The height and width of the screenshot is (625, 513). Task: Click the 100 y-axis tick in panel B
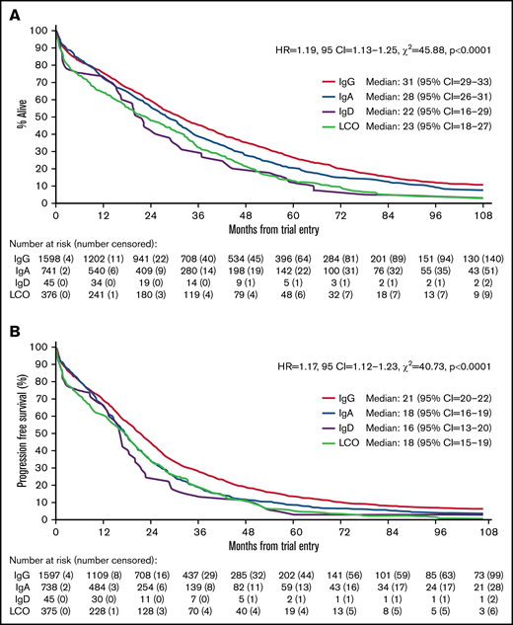40,346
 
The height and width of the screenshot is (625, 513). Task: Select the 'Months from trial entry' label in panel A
268,230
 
